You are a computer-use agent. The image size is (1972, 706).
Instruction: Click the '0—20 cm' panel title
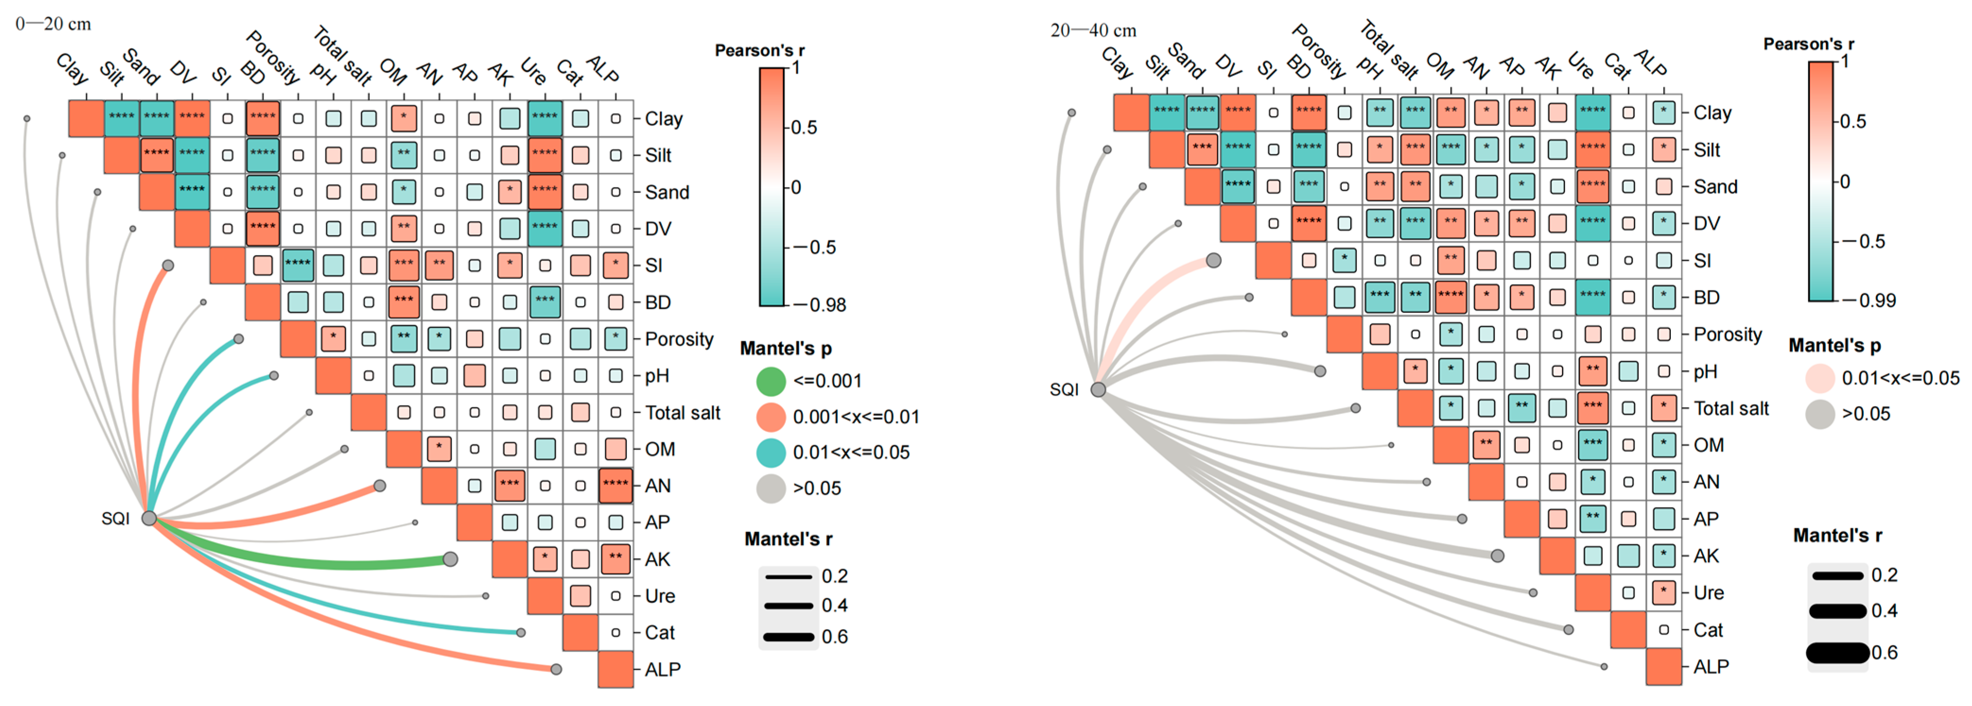pyautogui.click(x=53, y=24)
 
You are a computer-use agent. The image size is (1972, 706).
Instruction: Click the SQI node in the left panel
pyautogui.click(x=149, y=519)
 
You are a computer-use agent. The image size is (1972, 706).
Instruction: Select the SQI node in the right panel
pyautogui.click(x=1098, y=389)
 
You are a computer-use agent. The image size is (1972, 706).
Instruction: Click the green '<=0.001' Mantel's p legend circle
pyautogui.click(x=771, y=381)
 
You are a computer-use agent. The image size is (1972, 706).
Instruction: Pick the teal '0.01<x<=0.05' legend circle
pyautogui.click(x=771, y=452)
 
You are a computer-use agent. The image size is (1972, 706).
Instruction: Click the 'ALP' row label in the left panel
pyautogui.click(x=662, y=669)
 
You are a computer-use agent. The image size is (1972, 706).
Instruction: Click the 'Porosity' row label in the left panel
pyautogui.click(x=679, y=339)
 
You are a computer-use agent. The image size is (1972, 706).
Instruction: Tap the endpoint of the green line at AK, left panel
pyautogui.click(x=450, y=559)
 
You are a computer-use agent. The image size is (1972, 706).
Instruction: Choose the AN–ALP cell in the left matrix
pyautogui.click(x=616, y=486)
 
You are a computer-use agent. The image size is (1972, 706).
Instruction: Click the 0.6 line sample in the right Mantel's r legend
pyautogui.click(x=1837, y=653)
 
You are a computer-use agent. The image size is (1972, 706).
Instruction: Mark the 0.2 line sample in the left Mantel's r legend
pyautogui.click(x=789, y=576)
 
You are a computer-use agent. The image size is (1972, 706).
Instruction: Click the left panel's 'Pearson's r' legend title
pyautogui.click(x=759, y=51)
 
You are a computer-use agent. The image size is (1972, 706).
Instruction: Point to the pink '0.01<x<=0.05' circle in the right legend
pyautogui.click(x=1820, y=378)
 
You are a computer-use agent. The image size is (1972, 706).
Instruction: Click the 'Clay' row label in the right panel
pyautogui.click(x=1711, y=113)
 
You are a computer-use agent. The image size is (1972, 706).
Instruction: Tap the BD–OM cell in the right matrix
pyautogui.click(x=1450, y=297)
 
